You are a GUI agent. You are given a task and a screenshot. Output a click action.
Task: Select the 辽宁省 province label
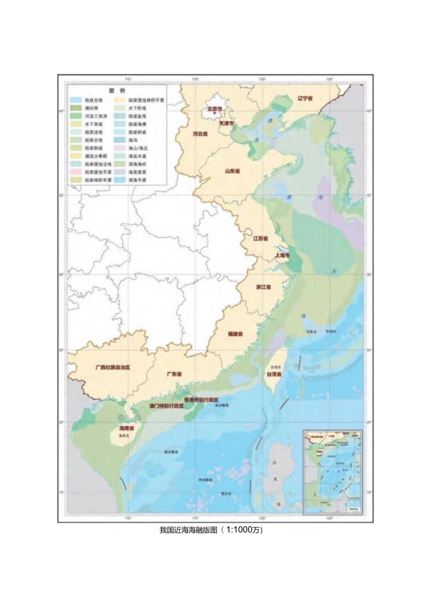[x=305, y=98]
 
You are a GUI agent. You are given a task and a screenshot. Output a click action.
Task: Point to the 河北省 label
[x=200, y=133]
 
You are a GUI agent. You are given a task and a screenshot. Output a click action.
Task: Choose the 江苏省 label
[x=260, y=238]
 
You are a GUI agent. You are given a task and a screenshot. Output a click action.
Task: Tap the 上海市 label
[x=283, y=256]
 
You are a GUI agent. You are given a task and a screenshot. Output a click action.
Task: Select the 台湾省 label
[x=274, y=374]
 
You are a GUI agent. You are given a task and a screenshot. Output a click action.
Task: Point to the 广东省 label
[x=174, y=374]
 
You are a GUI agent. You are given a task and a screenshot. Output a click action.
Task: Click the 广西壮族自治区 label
[x=112, y=367]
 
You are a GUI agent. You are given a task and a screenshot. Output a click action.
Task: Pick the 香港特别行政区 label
[x=201, y=400]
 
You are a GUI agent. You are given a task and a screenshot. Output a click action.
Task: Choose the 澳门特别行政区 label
[x=166, y=406]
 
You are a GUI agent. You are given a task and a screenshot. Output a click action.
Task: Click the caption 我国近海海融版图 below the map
[x=188, y=530]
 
